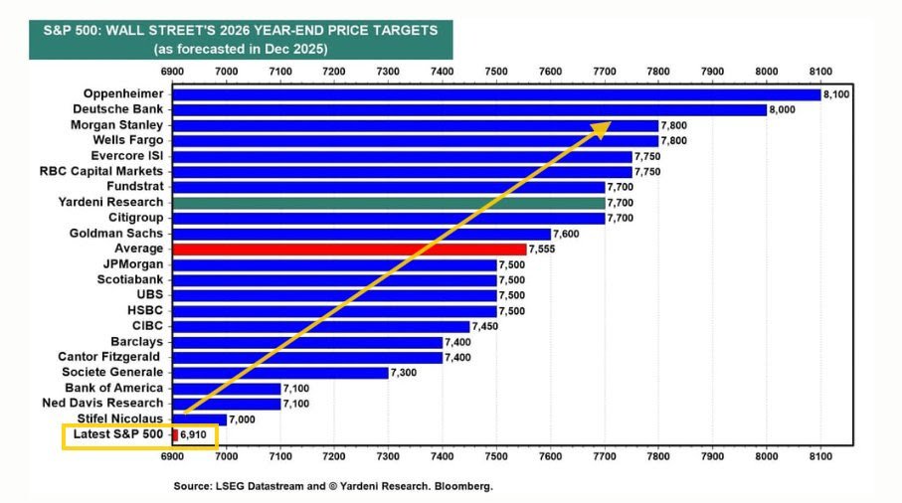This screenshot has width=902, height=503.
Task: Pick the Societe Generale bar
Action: click(279, 372)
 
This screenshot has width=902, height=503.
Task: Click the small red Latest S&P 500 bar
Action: click(175, 434)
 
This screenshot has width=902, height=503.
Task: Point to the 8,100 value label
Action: click(836, 93)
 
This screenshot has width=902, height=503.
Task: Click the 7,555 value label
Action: click(543, 249)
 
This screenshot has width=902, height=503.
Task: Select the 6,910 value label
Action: click(194, 434)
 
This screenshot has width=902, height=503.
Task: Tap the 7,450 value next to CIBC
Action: click(486, 326)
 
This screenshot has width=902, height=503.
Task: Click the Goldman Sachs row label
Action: click(116, 233)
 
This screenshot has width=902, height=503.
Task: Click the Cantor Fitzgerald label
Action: click(109, 357)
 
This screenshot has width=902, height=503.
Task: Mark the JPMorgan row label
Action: click(132, 263)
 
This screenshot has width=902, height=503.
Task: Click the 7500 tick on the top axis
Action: click(495, 71)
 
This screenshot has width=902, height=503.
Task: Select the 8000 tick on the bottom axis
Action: click(766, 455)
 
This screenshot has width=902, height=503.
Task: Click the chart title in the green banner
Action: click(241, 31)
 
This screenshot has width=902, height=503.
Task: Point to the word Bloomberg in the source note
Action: click(465, 486)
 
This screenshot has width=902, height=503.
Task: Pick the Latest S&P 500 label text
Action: click(117, 434)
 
